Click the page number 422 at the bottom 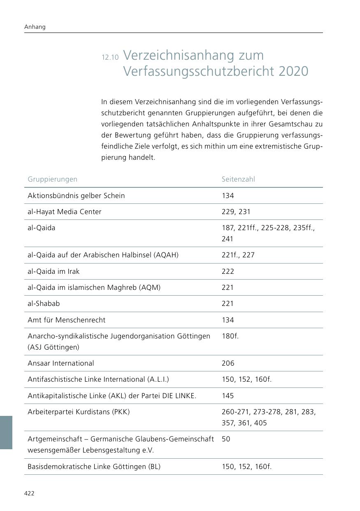click(29, 493)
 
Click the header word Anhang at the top click(35, 27)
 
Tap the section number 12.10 click(110, 58)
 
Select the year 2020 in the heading click(293, 71)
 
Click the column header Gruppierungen click(52, 179)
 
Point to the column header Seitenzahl click(238, 179)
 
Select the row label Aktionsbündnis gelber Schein click(76, 196)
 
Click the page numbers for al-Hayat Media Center click(236, 212)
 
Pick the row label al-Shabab click(44, 303)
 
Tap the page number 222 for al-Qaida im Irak click(228, 271)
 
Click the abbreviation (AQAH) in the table click(166, 255)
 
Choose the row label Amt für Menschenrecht click(66, 320)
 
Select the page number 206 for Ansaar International click(228, 363)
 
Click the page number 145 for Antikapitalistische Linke click(228, 396)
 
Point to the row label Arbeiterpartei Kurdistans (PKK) click(79, 412)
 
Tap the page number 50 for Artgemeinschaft click(226, 439)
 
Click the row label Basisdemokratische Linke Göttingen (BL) click(94, 467)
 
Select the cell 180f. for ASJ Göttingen click(230, 336)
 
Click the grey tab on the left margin click(6, 432)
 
